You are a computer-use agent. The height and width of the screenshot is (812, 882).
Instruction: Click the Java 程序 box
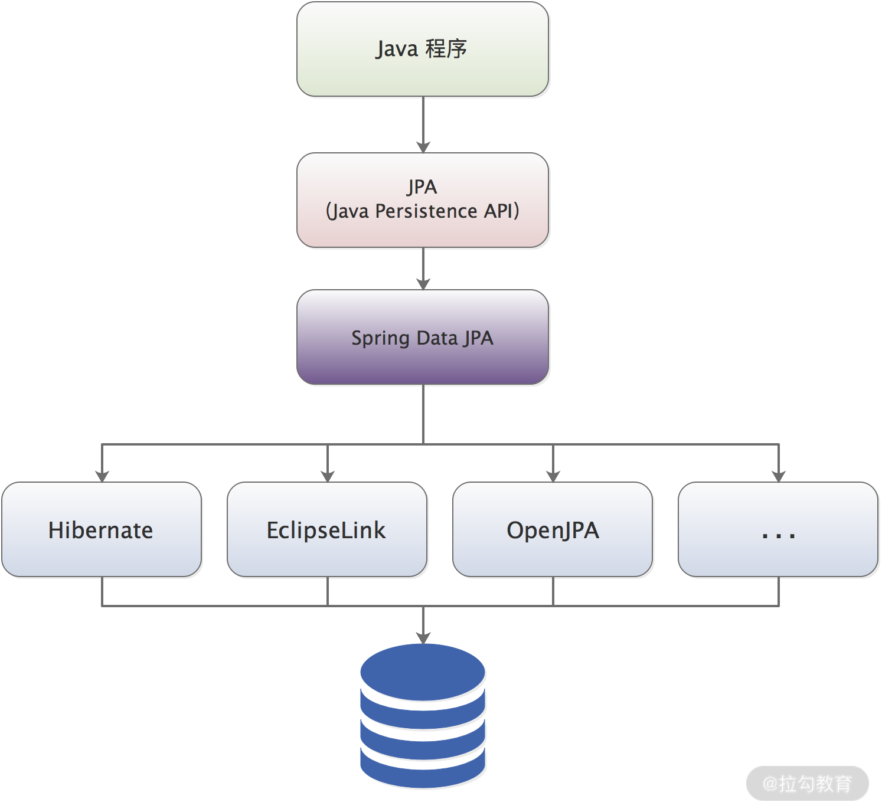click(423, 49)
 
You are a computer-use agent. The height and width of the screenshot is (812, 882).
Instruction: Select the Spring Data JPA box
click(423, 337)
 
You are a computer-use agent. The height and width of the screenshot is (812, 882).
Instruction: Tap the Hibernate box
click(102, 529)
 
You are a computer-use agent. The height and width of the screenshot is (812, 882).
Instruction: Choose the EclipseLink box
click(327, 529)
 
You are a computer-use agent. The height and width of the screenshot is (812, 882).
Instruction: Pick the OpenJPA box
click(553, 529)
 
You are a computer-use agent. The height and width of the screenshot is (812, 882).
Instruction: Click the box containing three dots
click(778, 529)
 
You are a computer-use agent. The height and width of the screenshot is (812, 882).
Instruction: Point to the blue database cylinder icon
click(423, 716)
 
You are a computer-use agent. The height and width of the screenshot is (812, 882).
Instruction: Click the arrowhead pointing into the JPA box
click(423, 147)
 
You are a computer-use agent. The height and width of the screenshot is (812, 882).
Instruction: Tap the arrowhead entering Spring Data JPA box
click(423, 284)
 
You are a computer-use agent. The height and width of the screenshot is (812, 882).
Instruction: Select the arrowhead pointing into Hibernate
click(102, 476)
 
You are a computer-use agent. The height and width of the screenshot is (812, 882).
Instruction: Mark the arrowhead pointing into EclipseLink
click(328, 476)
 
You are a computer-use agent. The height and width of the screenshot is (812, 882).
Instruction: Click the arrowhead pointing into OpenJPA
click(553, 476)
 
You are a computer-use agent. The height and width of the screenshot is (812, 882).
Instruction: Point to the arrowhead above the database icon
click(423, 638)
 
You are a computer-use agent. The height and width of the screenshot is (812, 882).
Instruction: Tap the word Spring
click(381, 339)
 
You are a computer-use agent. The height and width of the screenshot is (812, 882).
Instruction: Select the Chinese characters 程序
click(446, 49)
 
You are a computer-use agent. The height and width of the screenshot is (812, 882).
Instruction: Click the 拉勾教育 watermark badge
click(808, 784)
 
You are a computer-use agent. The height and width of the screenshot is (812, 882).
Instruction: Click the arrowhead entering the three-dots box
click(779, 476)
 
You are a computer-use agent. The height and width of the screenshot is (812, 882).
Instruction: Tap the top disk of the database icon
click(423, 672)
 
